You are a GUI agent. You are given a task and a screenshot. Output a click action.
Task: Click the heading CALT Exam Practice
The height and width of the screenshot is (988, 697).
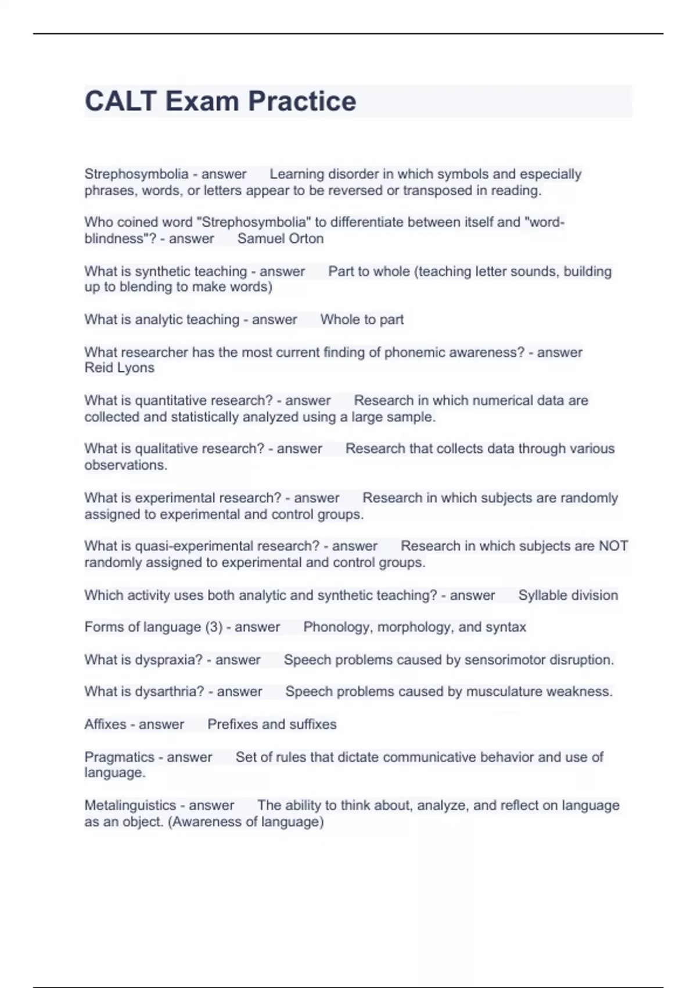[220, 101]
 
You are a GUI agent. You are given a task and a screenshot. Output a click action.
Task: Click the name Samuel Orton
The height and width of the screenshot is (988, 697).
[281, 239]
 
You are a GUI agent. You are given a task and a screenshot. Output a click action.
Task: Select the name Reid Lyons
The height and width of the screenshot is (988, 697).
[119, 368]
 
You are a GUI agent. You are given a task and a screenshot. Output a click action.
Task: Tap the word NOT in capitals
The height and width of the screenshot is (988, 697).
[613, 546]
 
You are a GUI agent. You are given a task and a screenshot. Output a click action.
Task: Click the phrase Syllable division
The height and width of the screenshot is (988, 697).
[568, 595]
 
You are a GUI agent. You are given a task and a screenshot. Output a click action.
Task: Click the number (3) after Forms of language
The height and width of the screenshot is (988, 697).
[214, 627]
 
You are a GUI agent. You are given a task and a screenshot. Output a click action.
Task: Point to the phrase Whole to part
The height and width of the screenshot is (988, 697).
[362, 320]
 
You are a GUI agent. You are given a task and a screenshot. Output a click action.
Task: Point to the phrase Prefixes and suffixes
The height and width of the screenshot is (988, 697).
[272, 724]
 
